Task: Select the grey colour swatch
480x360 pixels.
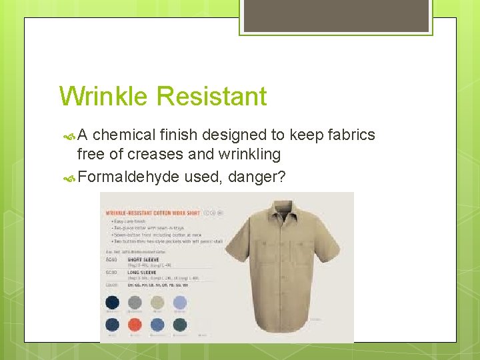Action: coord(135,302)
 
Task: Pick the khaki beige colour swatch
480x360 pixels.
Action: coord(157,302)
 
